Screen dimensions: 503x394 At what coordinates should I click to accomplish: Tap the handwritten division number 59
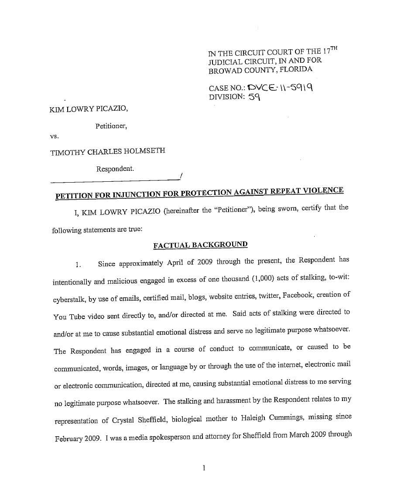[x=254, y=97]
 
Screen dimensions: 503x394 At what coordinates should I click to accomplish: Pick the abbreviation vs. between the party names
[x=55, y=136]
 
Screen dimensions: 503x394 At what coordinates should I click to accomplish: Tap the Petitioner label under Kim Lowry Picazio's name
[x=111, y=126]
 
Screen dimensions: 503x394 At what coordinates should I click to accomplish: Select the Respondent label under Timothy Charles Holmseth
[x=115, y=169]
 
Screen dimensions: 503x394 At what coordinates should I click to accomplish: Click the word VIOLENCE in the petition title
[x=323, y=190]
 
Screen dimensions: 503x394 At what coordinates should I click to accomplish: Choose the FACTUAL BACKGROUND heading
[x=200, y=245]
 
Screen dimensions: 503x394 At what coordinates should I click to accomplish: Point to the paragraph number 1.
[x=78, y=265]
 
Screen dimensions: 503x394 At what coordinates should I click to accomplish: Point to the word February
[x=70, y=438]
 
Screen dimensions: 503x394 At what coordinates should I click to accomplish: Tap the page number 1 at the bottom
[x=204, y=468]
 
